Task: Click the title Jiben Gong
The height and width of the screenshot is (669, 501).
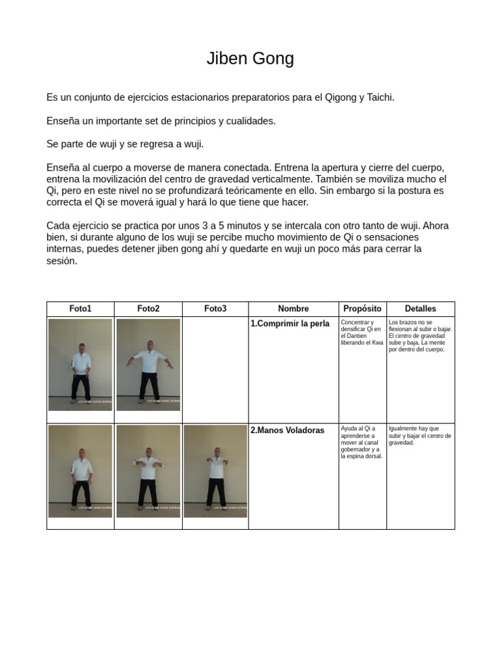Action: click(x=250, y=59)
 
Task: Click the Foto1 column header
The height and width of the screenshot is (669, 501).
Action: click(x=80, y=309)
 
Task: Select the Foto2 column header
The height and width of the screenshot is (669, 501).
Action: click(x=148, y=309)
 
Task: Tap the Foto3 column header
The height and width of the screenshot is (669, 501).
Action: click(x=215, y=309)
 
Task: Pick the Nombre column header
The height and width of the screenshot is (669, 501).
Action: click(x=293, y=309)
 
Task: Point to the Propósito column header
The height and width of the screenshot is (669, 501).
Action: click(x=362, y=309)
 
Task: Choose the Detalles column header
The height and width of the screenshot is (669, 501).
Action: click(x=420, y=309)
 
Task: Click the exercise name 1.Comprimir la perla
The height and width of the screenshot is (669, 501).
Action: click(x=290, y=324)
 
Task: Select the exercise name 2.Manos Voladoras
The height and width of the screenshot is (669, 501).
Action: click(x=287, y=431)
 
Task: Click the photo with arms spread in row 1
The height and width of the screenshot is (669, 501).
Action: click(x=148, y=365)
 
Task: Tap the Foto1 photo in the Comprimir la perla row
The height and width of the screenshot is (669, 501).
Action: click(x=80, y=365)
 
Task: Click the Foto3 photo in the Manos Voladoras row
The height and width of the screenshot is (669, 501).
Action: click(x=215, y=471)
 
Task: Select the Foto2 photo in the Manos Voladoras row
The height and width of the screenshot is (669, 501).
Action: click(x=148, y=471)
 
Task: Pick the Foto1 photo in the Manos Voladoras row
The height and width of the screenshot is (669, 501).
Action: click(x=80, y=471)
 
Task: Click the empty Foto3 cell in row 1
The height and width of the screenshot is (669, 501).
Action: click(x=215, y=370)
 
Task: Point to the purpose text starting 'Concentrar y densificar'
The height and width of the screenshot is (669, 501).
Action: click(x=361, y=333)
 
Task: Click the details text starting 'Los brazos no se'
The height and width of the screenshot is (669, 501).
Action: click(x=419, y=336)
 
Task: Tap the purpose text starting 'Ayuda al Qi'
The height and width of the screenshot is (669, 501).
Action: click(x=361, y=442)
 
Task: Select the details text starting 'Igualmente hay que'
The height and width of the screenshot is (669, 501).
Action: click(x=419, y=435)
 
